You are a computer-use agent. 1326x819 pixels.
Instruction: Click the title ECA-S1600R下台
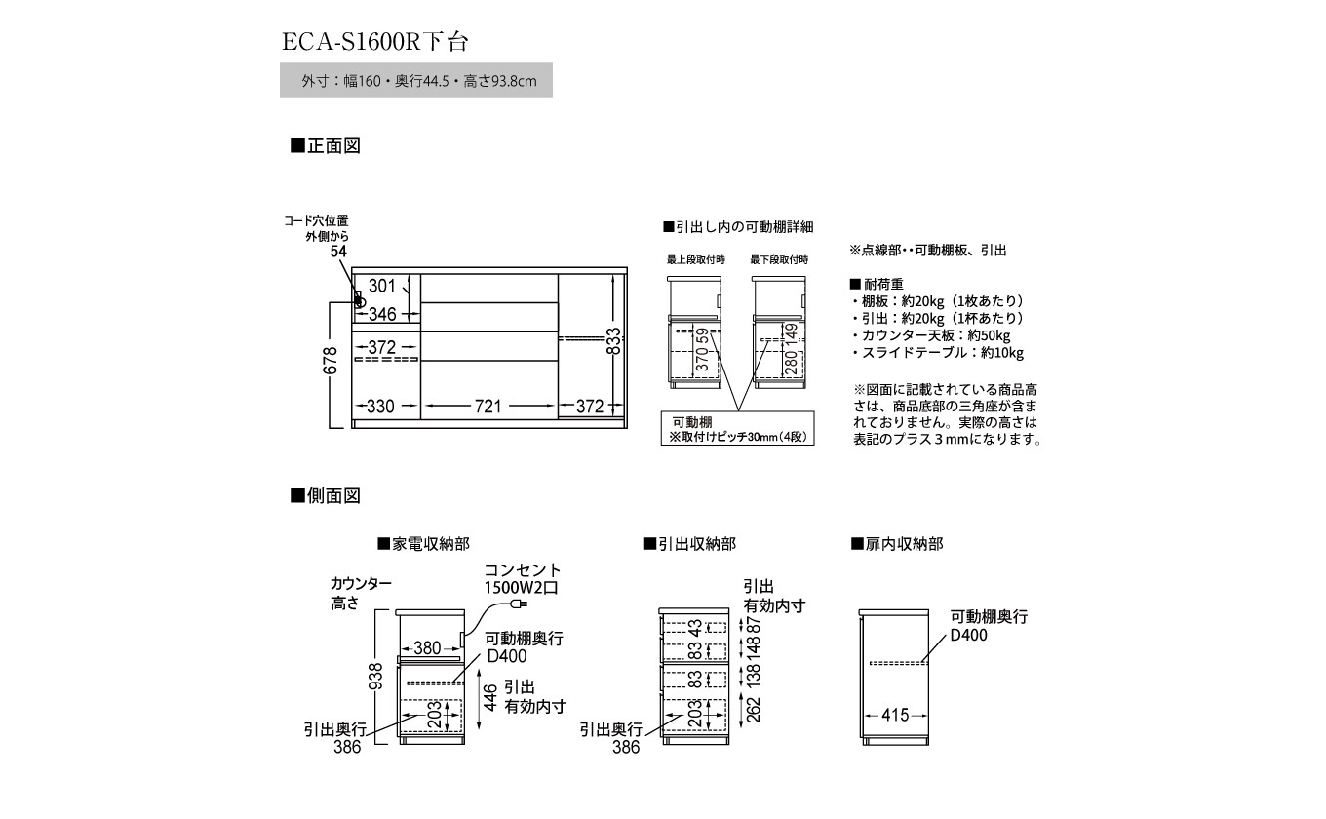click(x=375, y=42)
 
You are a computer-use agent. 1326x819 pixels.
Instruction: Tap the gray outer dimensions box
click(x=416, y=81)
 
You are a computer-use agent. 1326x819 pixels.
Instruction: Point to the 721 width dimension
click(x=487, y=407)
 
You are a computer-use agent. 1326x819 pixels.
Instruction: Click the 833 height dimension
click(x=613, y=341)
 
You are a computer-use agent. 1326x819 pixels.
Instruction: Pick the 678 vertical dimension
click(x=331, y=363)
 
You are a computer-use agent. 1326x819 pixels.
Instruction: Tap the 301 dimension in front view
click(x=383, y=286)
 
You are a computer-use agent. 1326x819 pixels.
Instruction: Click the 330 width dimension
click(x=379, y=407)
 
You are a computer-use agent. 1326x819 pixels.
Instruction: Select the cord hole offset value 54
click(x=338, y=252)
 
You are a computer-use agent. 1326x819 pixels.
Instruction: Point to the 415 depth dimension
click(x=895, y=715)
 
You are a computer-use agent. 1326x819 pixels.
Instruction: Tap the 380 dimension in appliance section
click(x=428, y=646)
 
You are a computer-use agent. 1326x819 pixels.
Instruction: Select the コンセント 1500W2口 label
click(x=523, y=579)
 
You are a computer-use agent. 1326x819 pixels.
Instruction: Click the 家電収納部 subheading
click(x=416, y=544)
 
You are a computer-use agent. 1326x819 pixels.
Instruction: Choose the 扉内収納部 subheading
click(x=897, y=544)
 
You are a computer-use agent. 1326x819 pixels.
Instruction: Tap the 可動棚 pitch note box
click(x=737, y=430)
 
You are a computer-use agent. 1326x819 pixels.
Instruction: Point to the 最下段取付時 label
click(x=779, y=260)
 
